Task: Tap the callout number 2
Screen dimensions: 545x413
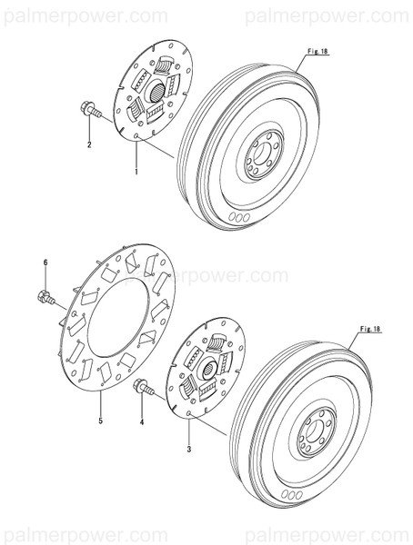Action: [x=89, y=145]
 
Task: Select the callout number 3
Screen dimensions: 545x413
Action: [x=188, y=450]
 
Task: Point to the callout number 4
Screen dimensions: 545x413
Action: [x=141, y=422]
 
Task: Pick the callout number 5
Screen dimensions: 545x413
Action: [x=99, y=421]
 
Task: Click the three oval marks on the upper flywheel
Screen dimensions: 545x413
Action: [x=240, y=217]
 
